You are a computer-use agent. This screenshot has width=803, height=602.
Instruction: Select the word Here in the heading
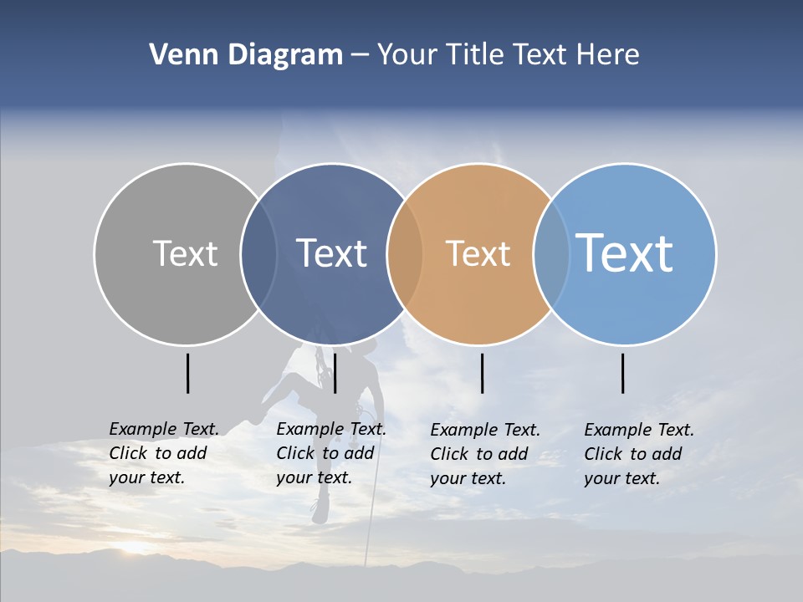pos(608,55)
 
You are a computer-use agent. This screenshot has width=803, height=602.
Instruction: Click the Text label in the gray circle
pos(185,253)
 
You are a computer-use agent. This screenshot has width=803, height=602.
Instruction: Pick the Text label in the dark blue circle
pos(332,253)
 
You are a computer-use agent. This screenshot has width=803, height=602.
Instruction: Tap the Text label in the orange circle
pos(478,253)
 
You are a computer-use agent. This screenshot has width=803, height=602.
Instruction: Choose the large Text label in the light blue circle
pos(625,253)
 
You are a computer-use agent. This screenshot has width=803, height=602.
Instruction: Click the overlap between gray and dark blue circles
pos(258,254)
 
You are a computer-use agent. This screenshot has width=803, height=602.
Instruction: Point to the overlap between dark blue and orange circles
pos(406,254)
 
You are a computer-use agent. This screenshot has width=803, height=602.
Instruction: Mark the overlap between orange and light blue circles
pos(551,254)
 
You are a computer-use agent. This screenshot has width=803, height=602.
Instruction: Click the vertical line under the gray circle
pos(188,373)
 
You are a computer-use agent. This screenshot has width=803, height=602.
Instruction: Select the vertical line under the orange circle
pos(483,373)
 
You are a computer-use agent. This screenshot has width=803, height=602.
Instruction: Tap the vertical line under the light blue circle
pos(623,373)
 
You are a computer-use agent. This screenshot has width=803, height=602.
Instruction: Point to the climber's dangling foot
pos(320,511)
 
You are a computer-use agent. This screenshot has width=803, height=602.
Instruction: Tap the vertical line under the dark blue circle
pos(335,373)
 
